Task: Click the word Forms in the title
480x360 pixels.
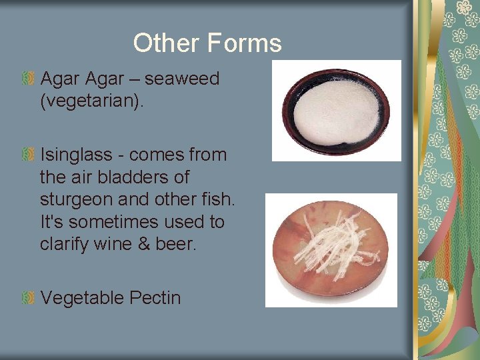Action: tap(244, 43)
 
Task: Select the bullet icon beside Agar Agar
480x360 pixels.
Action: tap(27, 79)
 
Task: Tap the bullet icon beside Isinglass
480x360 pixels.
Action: tap(27, 155)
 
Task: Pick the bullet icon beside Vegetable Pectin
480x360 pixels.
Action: tap(27, 298)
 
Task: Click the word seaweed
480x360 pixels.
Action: tap(182, 79)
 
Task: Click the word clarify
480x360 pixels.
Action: tap(63, 244)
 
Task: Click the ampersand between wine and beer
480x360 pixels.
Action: tap(146, 244)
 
